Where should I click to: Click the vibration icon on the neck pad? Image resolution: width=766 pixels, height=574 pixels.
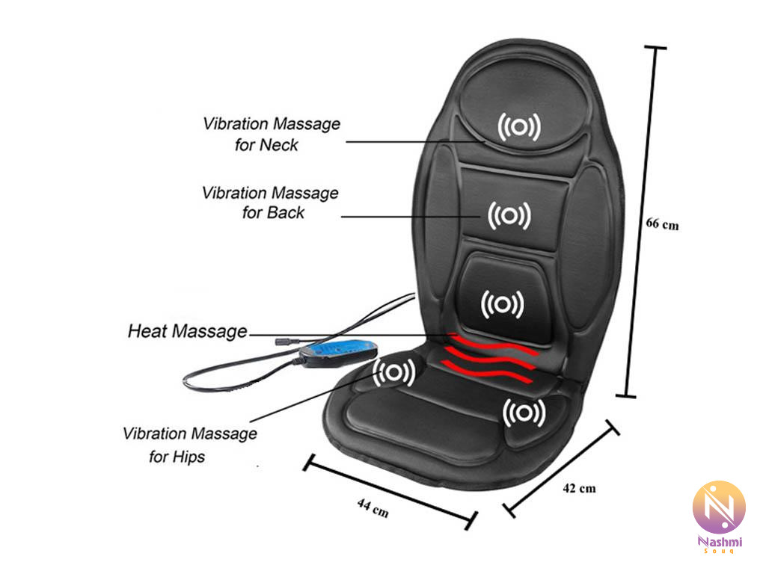[x=520, y=129]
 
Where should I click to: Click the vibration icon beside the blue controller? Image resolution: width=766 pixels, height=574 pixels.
[x=395, y=371]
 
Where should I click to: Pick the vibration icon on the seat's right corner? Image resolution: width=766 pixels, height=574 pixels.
[x=524, y=412]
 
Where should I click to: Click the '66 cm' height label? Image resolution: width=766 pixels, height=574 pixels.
[x=662, y=223]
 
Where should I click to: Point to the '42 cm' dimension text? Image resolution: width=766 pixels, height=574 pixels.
[x=579, y=489]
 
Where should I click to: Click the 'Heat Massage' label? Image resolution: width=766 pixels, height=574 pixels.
[x=187, y=330]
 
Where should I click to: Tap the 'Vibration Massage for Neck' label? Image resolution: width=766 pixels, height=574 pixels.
[x=270, y=134]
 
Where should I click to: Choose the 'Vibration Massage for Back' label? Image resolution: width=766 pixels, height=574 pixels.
[x=270, y=203]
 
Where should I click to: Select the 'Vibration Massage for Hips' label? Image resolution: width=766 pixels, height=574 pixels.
[x=190, y=444]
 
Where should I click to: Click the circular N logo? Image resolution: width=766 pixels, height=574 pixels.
[x=719, y=507]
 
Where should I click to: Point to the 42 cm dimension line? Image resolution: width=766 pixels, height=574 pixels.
[x=563, y=469]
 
